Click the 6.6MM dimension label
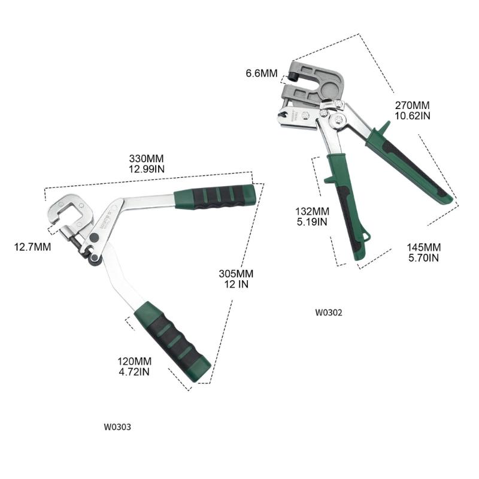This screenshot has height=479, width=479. click(x=262, y=74)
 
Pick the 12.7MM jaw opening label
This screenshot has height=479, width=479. click(x=32, y=246)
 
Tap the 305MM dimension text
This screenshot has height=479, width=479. click(x=236, y=274)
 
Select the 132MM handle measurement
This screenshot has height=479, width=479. click(x=312, y=211)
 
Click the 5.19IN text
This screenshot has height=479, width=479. click(x=312, y=222)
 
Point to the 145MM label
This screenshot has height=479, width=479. click(x=423, y=247)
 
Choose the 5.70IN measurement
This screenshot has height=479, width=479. click(x=423, y=257)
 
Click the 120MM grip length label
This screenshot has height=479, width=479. click(x=134, y=362)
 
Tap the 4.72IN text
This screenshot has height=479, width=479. click(x=134, y=372)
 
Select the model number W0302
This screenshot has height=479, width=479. click(x=329, y=312)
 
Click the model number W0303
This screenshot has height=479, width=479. click(x=117, y=427)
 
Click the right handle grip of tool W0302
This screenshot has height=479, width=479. click(x=413, y=168)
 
